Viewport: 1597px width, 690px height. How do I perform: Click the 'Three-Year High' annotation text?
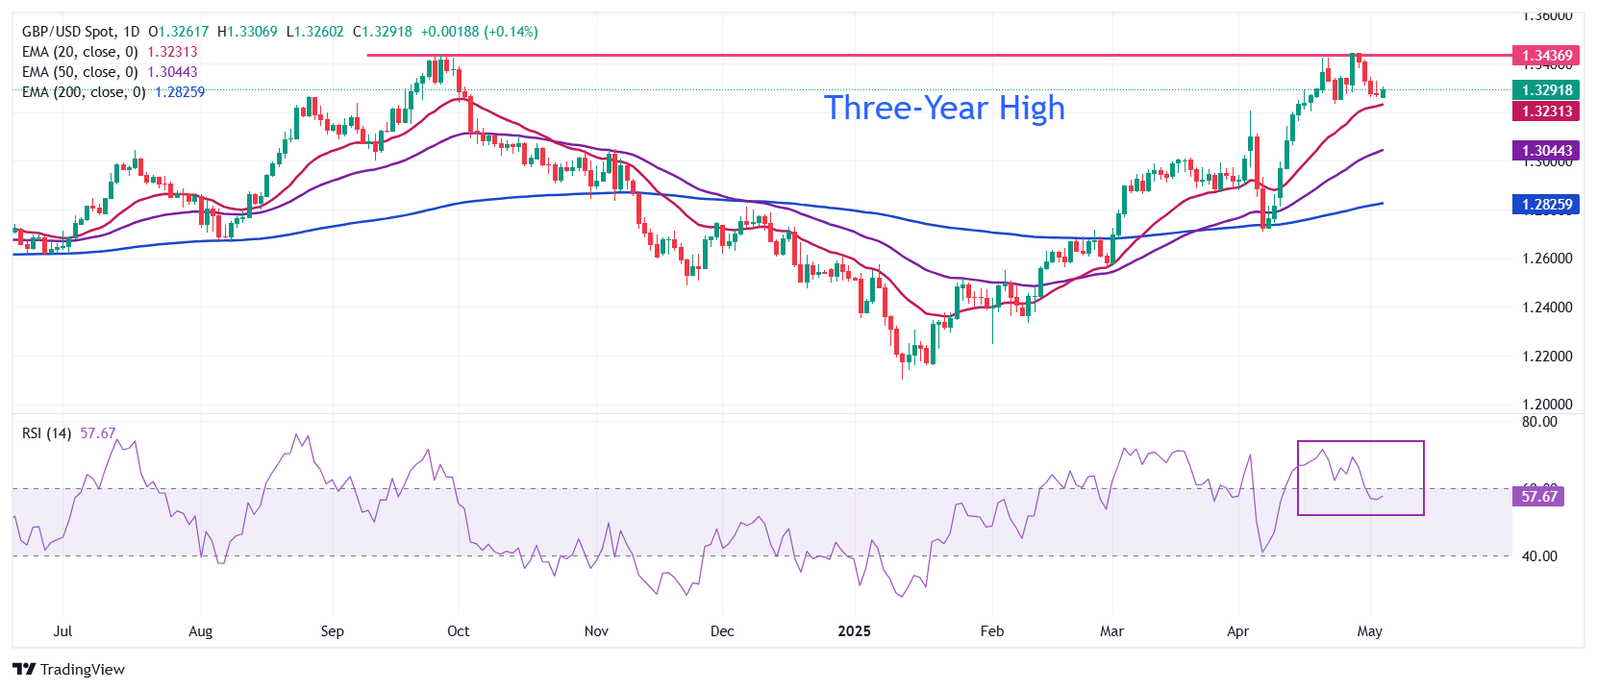tap(944, 108)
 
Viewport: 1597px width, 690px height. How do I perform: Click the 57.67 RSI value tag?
tap(1538, 497)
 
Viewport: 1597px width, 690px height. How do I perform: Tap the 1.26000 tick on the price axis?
tap(1547, 259)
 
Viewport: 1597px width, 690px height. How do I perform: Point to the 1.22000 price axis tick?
tap(1547, 357)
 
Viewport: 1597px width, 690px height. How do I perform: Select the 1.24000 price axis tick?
tap(1547, 308)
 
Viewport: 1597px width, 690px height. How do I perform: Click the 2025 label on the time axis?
tap(854, 631)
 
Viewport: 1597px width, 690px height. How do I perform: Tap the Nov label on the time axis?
tap(596, 631)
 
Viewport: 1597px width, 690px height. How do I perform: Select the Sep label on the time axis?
tap(332, 631)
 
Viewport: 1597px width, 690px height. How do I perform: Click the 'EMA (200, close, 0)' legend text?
tap(84, 92)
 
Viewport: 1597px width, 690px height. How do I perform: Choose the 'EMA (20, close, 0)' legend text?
tap(80, 52)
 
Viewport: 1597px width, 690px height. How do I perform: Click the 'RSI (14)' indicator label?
tap(46, 433)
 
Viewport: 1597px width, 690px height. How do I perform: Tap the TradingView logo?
tap(69, 670)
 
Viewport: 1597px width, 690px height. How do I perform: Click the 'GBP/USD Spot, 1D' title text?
tap(80, 32)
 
